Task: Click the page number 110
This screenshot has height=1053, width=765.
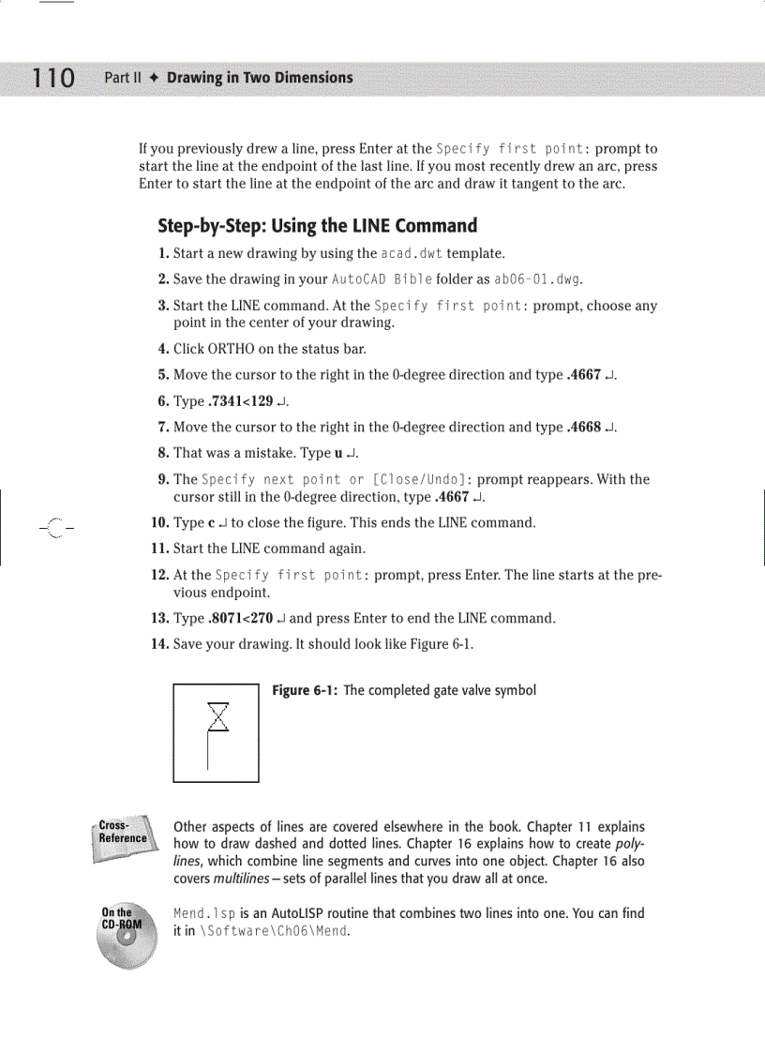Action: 52,78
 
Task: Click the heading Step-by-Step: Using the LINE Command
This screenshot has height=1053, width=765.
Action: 317,226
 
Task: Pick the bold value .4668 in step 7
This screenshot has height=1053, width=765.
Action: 585,428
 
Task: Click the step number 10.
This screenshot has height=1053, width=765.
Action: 159,522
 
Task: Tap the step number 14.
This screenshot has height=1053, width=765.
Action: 159,644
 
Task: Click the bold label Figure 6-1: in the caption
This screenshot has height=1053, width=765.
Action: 305,691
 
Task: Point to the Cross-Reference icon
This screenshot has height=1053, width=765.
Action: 122,833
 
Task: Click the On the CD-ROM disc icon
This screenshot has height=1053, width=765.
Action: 121,934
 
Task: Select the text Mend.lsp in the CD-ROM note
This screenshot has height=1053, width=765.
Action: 204,913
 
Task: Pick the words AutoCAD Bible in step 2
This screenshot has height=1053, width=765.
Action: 380,279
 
